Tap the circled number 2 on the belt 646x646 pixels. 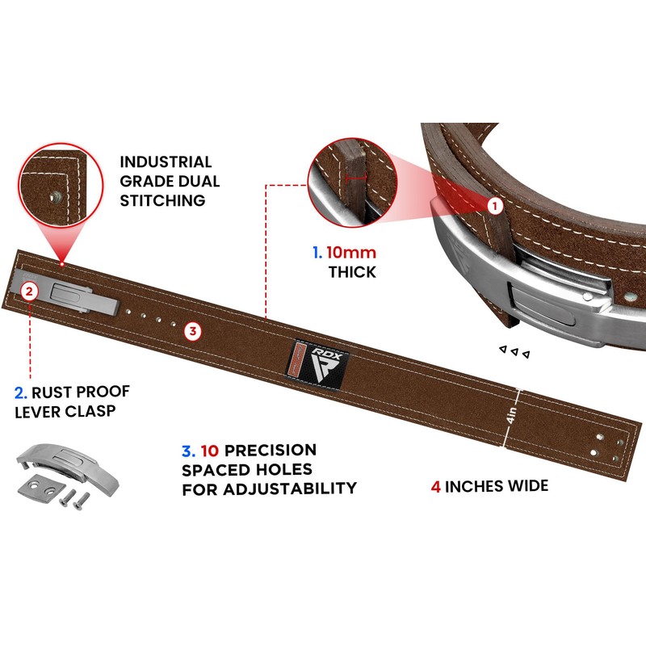(29, 290)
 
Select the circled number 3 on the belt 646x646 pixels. (192, 329)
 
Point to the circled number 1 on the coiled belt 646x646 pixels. (494, 206)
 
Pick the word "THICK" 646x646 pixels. (351, 272)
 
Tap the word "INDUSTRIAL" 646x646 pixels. (165, 161)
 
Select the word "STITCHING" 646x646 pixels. (161, 199)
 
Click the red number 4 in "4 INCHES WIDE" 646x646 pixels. (435, 486)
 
